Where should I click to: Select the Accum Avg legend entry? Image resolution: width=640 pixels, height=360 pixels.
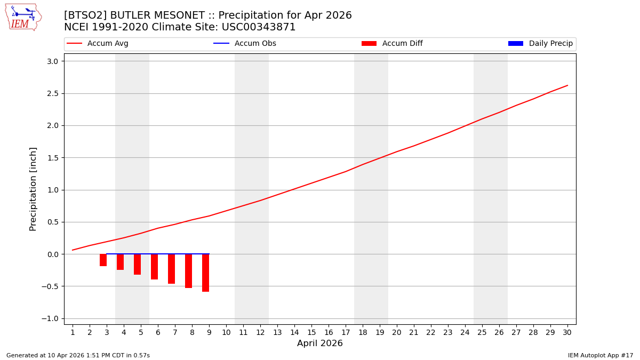click(98, 44)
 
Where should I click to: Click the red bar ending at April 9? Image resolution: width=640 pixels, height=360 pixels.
click(205, 273)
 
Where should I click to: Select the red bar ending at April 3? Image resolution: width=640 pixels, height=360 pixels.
click(103, 260)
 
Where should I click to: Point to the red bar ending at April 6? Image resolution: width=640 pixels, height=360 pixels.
click(154, 267)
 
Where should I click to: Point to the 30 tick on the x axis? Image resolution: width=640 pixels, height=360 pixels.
click(567, 332)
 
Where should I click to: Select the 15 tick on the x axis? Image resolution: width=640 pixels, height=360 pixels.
click(311, 332)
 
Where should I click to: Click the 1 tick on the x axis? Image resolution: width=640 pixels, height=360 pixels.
click(73, 332)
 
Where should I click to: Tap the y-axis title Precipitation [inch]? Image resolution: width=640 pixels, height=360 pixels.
click(33, 189)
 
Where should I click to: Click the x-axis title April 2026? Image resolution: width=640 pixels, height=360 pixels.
click(319, 343)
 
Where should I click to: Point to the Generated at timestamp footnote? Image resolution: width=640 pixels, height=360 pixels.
click(78, 355)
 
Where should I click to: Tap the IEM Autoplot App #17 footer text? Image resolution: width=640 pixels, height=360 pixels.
click(600, 355)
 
